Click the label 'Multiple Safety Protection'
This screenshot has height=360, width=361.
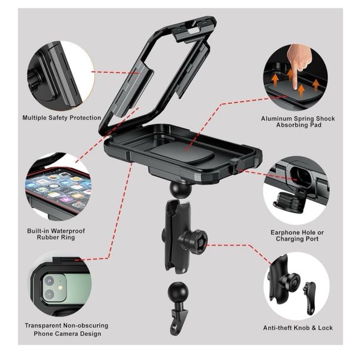[61, 118]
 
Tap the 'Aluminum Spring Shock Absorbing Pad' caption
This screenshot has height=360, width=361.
[298, 122]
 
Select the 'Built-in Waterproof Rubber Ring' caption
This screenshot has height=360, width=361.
[56, 234]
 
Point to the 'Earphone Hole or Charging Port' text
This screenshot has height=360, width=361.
[297, 236]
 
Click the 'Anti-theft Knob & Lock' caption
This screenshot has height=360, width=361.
[298, 328]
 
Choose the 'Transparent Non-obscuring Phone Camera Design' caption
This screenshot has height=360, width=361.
[67, 330]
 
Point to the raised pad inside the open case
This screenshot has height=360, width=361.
[182, 152]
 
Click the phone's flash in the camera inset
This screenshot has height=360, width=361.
[60, 287]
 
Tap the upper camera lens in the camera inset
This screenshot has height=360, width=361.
[49, 281]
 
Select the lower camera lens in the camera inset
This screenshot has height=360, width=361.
[49, 295]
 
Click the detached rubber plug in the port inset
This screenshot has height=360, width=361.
[287, 200]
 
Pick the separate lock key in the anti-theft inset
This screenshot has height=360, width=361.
[309, 297]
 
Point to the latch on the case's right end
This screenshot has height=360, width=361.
[237, 165]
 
